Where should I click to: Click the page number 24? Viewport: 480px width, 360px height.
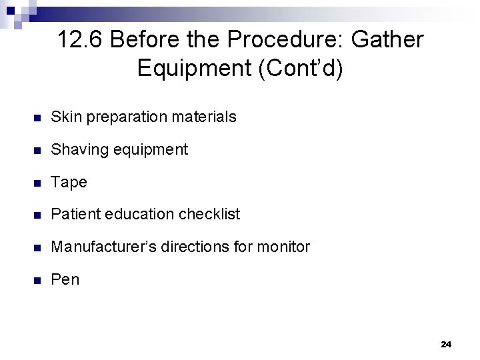click(446, 344)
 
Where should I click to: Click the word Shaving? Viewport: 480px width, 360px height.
click(78, 150)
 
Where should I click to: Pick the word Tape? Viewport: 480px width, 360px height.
click(69, 183)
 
